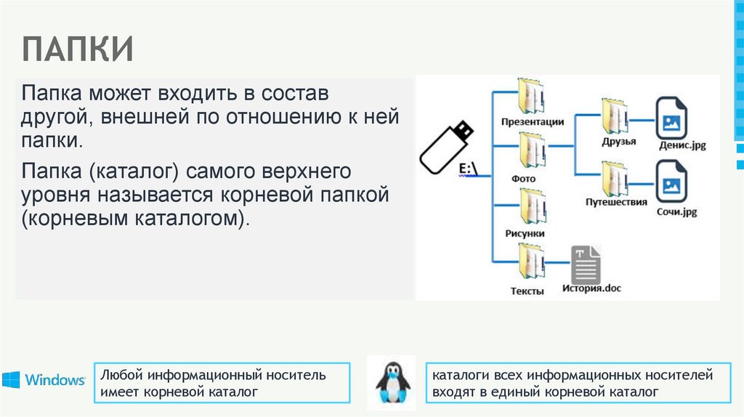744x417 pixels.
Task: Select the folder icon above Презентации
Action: click(x=532, y=95)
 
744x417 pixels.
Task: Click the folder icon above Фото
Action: click(x=532, y=151)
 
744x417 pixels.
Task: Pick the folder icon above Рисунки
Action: click(x=532, y=207)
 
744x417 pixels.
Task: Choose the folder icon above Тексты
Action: click(x=532, y=263)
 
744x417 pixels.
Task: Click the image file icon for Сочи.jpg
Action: click(x=672, y=182)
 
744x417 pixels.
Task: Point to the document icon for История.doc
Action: click(x=586, y=264)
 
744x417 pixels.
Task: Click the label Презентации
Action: click(x=533, y=122)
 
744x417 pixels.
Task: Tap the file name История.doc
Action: click(x=591, y=288)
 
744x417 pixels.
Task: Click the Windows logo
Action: click(x=44, y=380)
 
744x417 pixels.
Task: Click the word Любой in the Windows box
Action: click(x=121, y=376)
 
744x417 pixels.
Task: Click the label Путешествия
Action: click(x=616, y=203)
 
